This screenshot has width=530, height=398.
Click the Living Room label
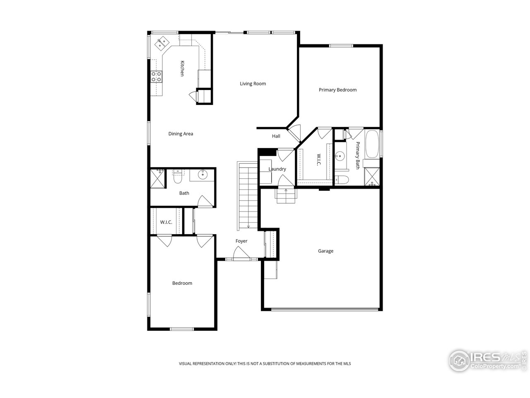[x=253, y=84]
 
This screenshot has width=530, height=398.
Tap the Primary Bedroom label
[x=337, y=90]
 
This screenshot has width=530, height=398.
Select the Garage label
[x=325, y=251]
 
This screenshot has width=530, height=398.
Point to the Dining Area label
[x=181, y=134]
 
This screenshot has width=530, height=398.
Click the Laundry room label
[x=277, y=169]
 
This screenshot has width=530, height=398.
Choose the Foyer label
[x=241, y=241]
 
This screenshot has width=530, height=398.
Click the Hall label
[x=276, y=136]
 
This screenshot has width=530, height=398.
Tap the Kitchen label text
[x=182, y=68]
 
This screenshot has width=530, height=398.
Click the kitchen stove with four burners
[x=157, y=76]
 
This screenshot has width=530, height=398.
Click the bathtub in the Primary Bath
[x=371, y=144]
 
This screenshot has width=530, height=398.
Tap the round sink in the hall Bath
[x=202, y=175]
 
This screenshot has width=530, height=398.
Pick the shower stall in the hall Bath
[x=157, y=178]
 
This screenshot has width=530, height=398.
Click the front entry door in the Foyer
[x=240, y=254]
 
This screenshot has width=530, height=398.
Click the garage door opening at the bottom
[x=324, y=309]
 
